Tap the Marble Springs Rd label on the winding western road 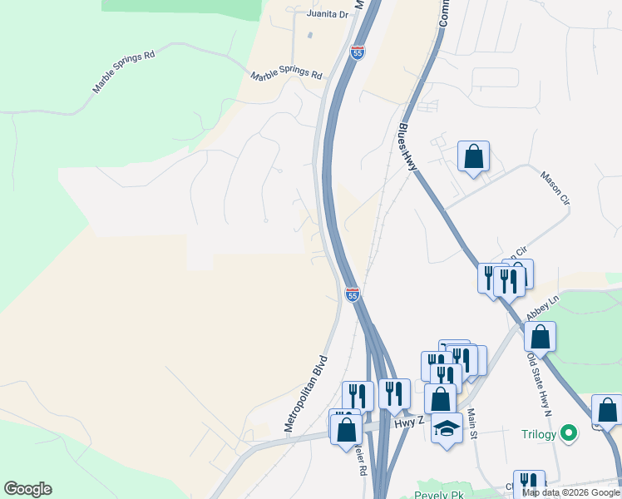[x=124, y=72]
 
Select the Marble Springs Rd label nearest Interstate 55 [x=287, y=75]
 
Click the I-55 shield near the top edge [x=358, y=52]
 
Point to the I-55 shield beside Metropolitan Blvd [x=353, y=294]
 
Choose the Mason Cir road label [x=555, y=189]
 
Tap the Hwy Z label [x=410, y=423]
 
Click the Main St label [x=471, y=422]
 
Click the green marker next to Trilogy [x=569, y=433]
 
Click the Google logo [x=27, y=489]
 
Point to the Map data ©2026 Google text [x=570, y=492]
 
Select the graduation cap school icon [x=447, y=428]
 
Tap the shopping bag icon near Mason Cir [x=473, y=156]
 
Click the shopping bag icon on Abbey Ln [x=540, y=337]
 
